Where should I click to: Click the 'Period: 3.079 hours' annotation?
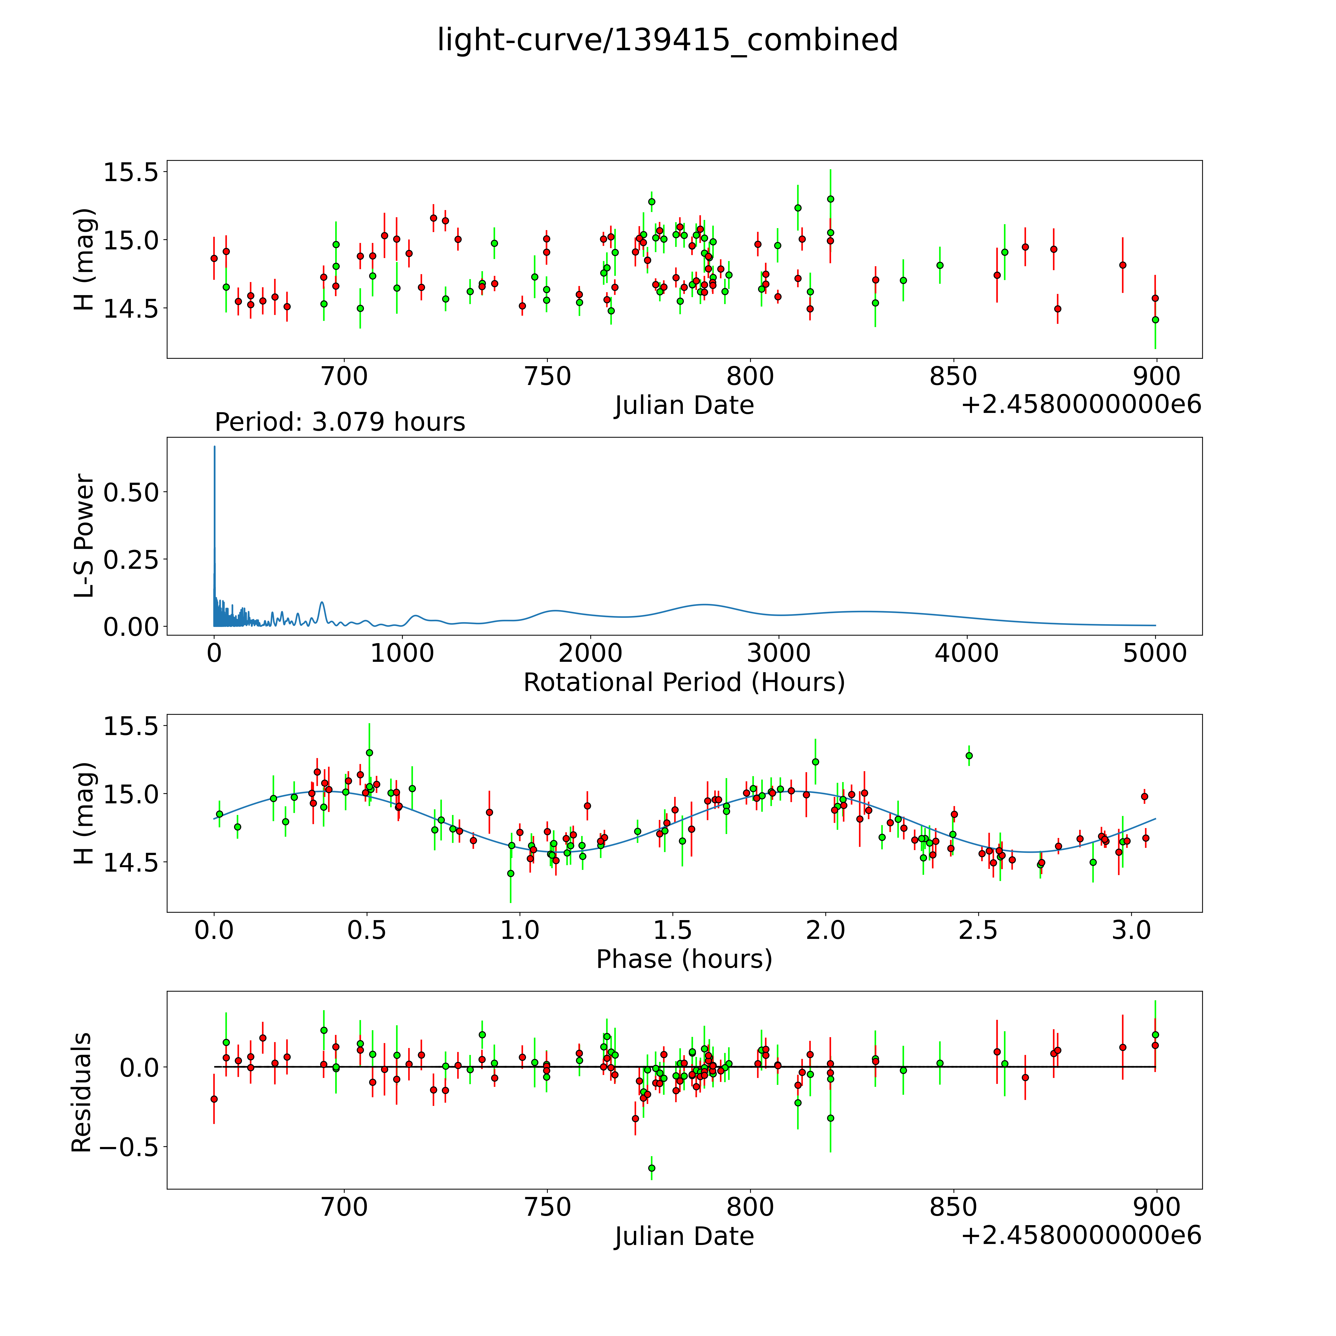[x=339, y=422]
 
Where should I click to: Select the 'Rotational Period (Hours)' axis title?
[x=684, y=683]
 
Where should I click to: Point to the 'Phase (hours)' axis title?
[x=684, y=959]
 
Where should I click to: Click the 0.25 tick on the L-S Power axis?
[x=131, y=559]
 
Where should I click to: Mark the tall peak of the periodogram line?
[x=214, y=447]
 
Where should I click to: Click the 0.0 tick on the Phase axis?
[x=214, y=930]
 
